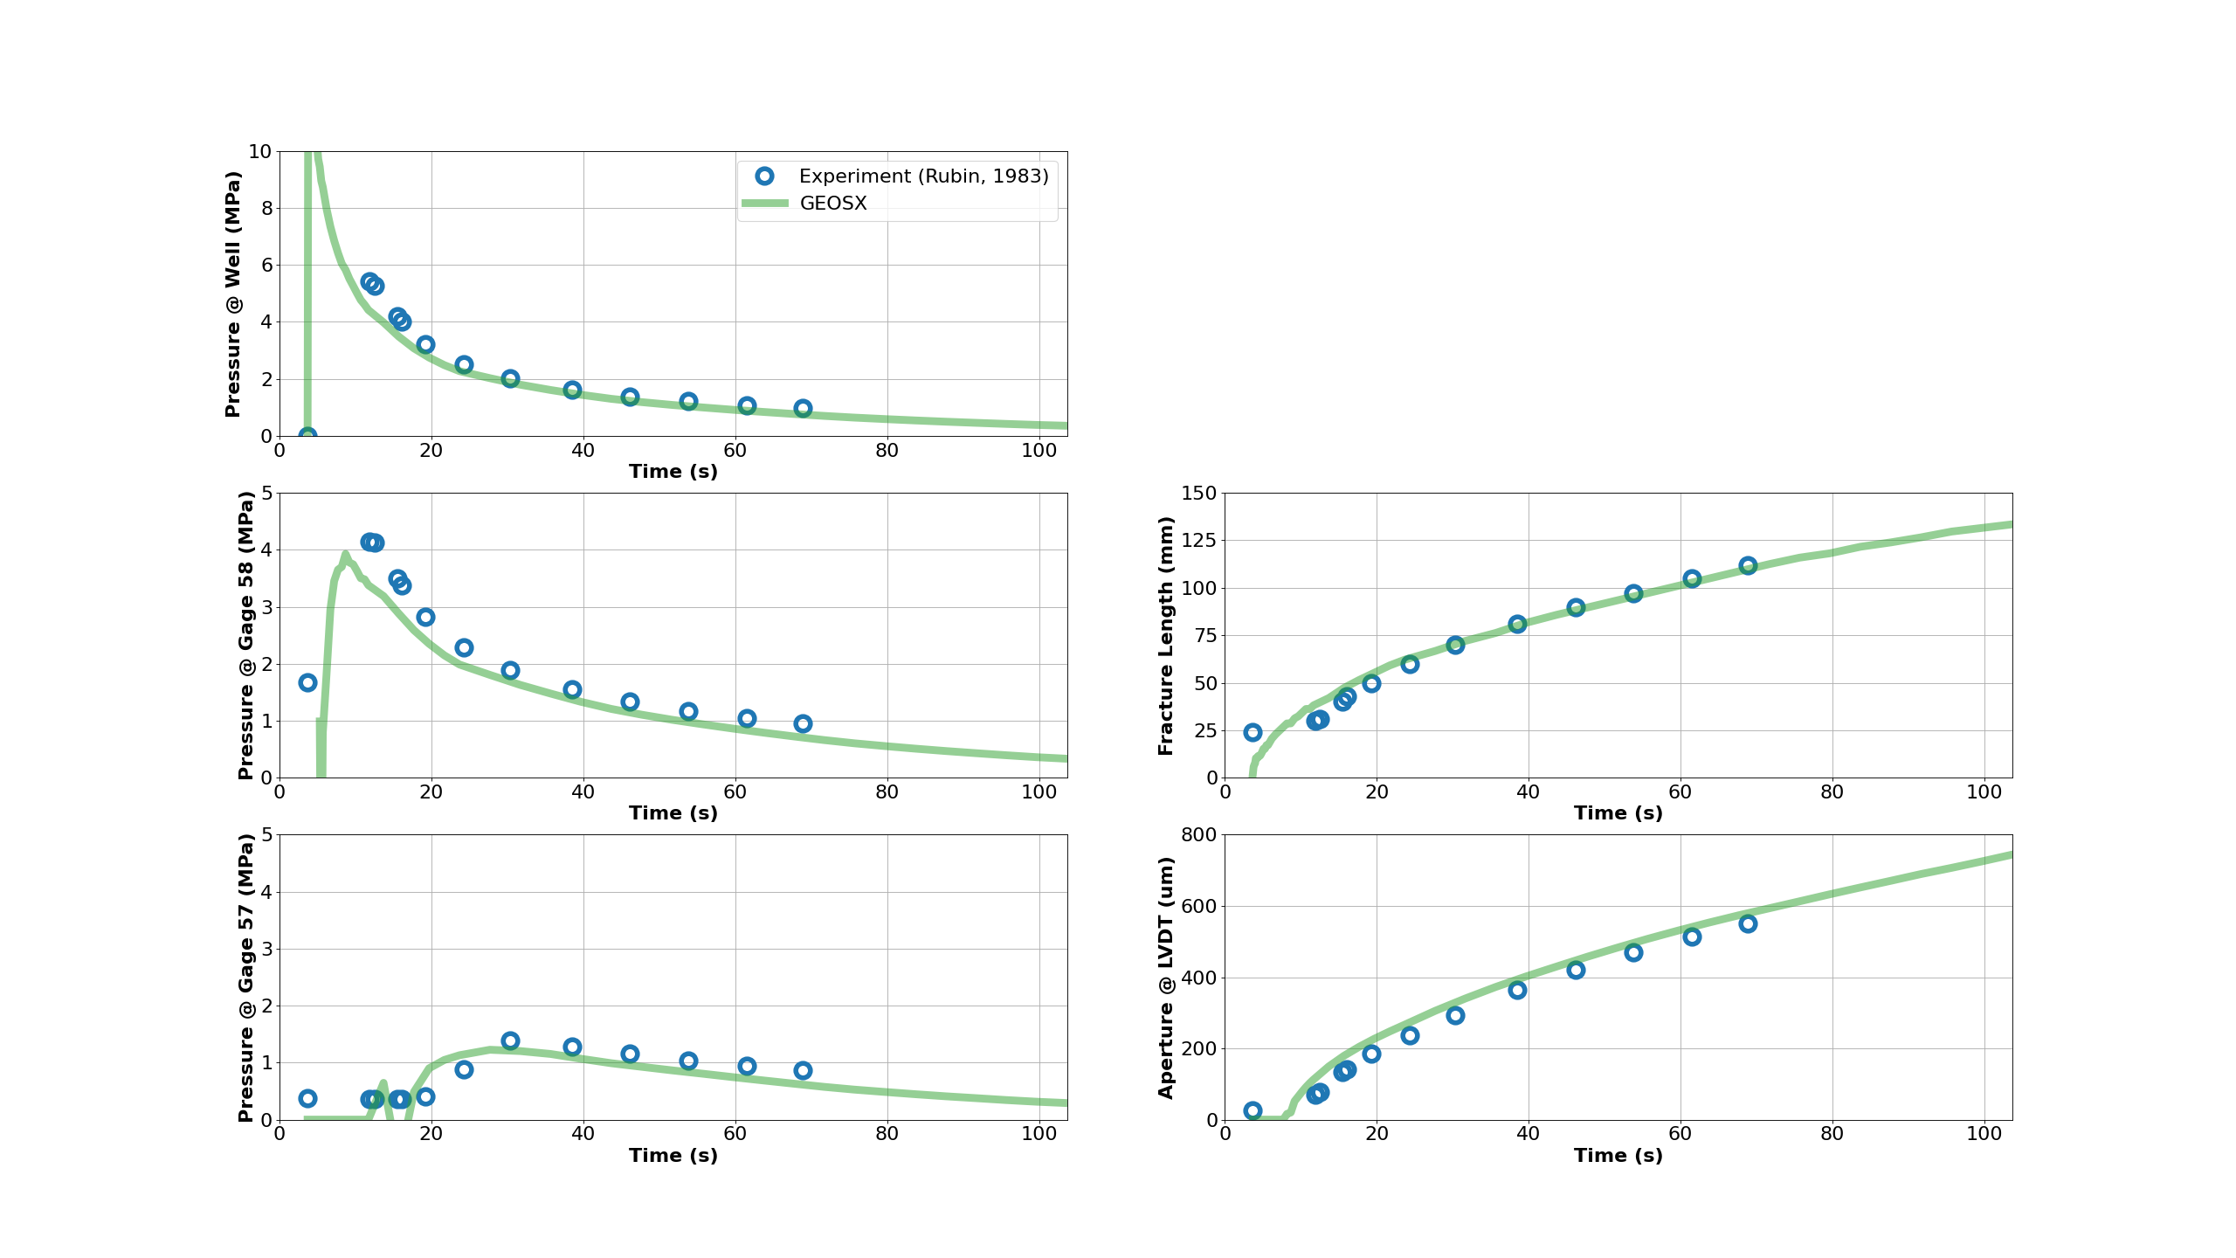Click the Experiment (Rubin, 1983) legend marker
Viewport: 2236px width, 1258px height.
point(764,176)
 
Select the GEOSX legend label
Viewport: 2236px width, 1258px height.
point(833,204)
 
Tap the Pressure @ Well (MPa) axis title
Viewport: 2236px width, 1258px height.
point(232,294)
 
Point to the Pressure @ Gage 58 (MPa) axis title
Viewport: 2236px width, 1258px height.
point(246,635)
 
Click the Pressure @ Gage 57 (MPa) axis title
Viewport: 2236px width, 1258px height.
point(246,978)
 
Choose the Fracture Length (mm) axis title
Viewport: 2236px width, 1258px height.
point(1165,635)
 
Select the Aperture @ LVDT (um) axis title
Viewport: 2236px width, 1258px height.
point(1165,978)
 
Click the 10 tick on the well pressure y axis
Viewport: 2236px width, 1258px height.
point(260,152)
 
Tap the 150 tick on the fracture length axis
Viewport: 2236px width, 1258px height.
point(1198,494)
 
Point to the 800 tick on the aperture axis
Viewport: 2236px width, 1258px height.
point(1198,835)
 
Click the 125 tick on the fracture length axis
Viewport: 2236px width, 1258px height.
point(1198,541)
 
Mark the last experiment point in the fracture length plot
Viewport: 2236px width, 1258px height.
point(1748,565)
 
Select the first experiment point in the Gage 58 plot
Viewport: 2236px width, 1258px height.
point(307,682)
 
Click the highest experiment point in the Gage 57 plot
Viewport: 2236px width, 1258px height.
point(510,1040)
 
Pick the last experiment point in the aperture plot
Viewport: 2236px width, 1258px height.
point(1748,923)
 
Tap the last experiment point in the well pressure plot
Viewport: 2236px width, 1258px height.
point(803,409)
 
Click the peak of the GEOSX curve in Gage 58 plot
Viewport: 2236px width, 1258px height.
point(345,555)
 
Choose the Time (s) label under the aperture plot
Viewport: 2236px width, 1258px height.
point(1618,1156)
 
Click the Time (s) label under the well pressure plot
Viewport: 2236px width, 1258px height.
point(673,472)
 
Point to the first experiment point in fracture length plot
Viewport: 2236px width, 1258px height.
point(1253,732)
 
